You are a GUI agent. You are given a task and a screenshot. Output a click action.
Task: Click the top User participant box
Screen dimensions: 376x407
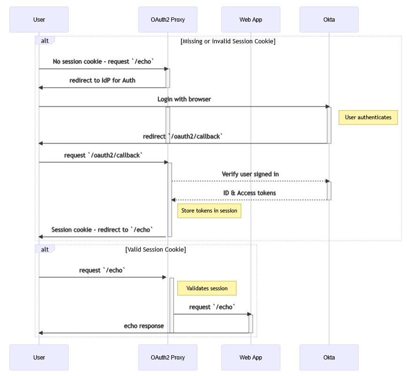(x=39, y=19)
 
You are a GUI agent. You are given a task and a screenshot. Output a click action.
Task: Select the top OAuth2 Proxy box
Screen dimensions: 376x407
(x=168, y=19)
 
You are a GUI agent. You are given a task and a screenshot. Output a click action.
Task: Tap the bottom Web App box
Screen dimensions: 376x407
(x=250, y=357)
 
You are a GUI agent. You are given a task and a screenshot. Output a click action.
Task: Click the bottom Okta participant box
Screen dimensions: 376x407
(x=329, y=357)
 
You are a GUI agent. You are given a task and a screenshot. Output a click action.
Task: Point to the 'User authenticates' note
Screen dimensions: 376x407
(x=368, y=117)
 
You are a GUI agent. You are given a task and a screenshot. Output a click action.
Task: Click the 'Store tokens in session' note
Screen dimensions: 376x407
(x=209, y=210)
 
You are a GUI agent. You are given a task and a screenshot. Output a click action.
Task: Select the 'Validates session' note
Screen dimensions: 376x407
(x=207, y=288)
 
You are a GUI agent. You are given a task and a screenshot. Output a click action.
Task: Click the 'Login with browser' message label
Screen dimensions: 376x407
(x=184, y=99)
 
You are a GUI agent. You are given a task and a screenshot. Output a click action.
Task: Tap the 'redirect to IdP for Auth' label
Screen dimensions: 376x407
(x=102, y=80)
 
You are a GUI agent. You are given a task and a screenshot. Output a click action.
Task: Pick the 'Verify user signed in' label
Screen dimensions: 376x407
(x=250, y=174)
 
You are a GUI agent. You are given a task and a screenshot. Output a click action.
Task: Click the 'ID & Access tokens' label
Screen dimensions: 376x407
(x=250, y=193)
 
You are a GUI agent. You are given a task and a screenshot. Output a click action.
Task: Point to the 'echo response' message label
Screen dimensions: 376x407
(x=144, y=326)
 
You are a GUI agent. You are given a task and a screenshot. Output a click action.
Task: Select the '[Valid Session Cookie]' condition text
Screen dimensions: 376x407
(x=156, y=249)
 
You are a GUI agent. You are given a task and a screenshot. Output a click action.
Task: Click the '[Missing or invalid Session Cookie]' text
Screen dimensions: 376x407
(x=228, y=41)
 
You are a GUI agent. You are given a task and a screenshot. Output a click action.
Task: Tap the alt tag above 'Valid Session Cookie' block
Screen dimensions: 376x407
(x=45, y=249)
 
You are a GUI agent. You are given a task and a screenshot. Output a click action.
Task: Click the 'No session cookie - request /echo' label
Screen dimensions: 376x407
(x=103, y=61)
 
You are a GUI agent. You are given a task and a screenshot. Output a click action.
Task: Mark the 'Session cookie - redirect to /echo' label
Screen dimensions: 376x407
(x=102, y=230)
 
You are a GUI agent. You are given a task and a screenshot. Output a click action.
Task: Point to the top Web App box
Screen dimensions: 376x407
(x=250, y=19)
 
